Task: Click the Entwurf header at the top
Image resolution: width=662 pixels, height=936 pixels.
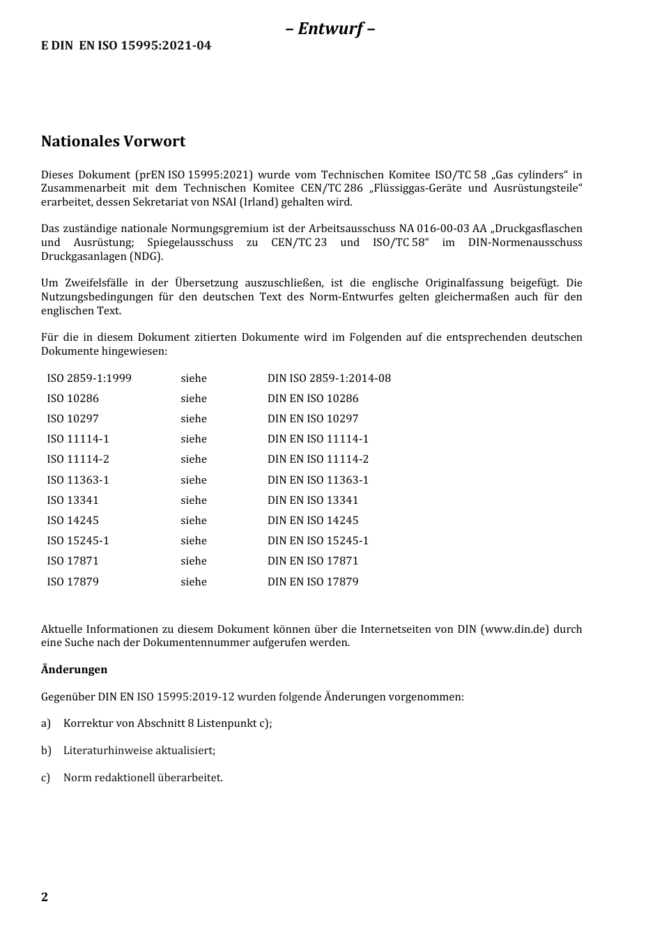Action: coord(330,29)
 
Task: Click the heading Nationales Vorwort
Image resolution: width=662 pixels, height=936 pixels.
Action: coord(113,141)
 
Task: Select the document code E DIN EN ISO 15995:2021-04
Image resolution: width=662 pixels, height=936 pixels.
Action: coord(126,46)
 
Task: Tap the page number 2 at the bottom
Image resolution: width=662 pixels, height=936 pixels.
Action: coord(45,897)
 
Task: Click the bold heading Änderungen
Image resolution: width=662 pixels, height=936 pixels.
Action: coord(74,670)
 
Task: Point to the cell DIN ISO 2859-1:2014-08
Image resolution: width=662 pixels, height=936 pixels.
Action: coord(329,378)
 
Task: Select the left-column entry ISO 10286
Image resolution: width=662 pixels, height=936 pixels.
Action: coord(72,399)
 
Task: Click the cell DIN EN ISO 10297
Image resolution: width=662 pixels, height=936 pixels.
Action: coord(313,419)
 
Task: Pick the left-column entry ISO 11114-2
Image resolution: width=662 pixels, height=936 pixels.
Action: coord(78,459)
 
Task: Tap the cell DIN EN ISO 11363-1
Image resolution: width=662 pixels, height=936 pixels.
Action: coord(318,480)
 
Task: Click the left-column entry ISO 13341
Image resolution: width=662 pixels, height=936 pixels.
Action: coord(72,500)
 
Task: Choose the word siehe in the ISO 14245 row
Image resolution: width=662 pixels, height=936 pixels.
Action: coord(194,521)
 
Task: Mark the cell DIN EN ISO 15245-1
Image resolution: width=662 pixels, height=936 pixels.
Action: coord(318,541)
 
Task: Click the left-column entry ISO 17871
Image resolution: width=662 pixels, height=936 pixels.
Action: coord(72,561)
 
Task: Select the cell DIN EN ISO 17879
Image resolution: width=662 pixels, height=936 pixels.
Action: coord(313,582)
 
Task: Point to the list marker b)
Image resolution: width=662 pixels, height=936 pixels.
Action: coord(46,751)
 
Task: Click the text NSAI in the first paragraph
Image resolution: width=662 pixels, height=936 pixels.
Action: coord(240,202)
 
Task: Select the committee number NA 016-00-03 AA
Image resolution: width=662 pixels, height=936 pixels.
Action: coord(442,229)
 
